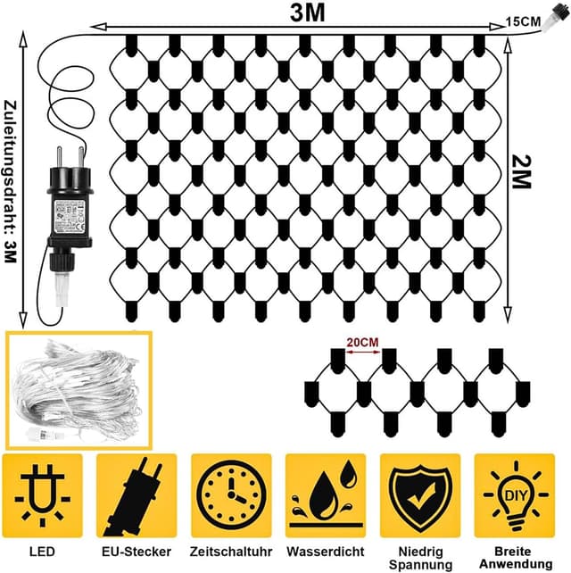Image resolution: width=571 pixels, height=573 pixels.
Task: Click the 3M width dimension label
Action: (x=306, y=12)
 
